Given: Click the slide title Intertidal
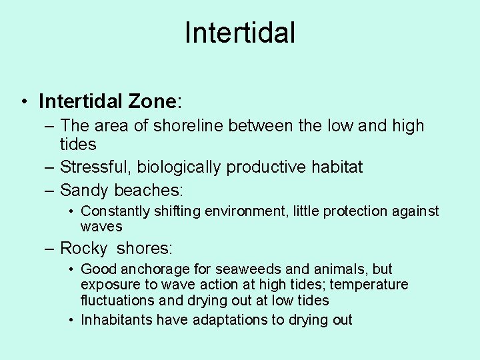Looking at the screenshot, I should point(240,33).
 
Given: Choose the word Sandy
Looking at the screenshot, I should point(85,190).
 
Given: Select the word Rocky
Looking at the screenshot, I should point(83,249).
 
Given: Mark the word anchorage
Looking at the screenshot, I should point(149,269).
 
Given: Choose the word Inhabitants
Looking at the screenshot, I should point(116,320).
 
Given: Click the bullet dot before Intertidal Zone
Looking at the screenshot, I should point(23,102).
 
